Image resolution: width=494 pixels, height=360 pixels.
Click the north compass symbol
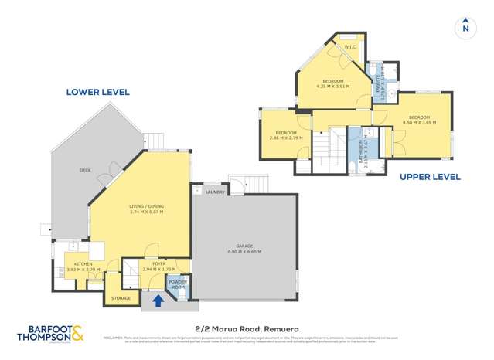[465, 27]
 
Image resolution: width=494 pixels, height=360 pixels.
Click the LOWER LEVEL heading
[97, 92]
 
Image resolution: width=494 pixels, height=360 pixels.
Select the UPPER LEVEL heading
[430, 177]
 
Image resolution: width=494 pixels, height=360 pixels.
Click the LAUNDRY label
[215, 192]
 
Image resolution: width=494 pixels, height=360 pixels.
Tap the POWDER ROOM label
[177, 285]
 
